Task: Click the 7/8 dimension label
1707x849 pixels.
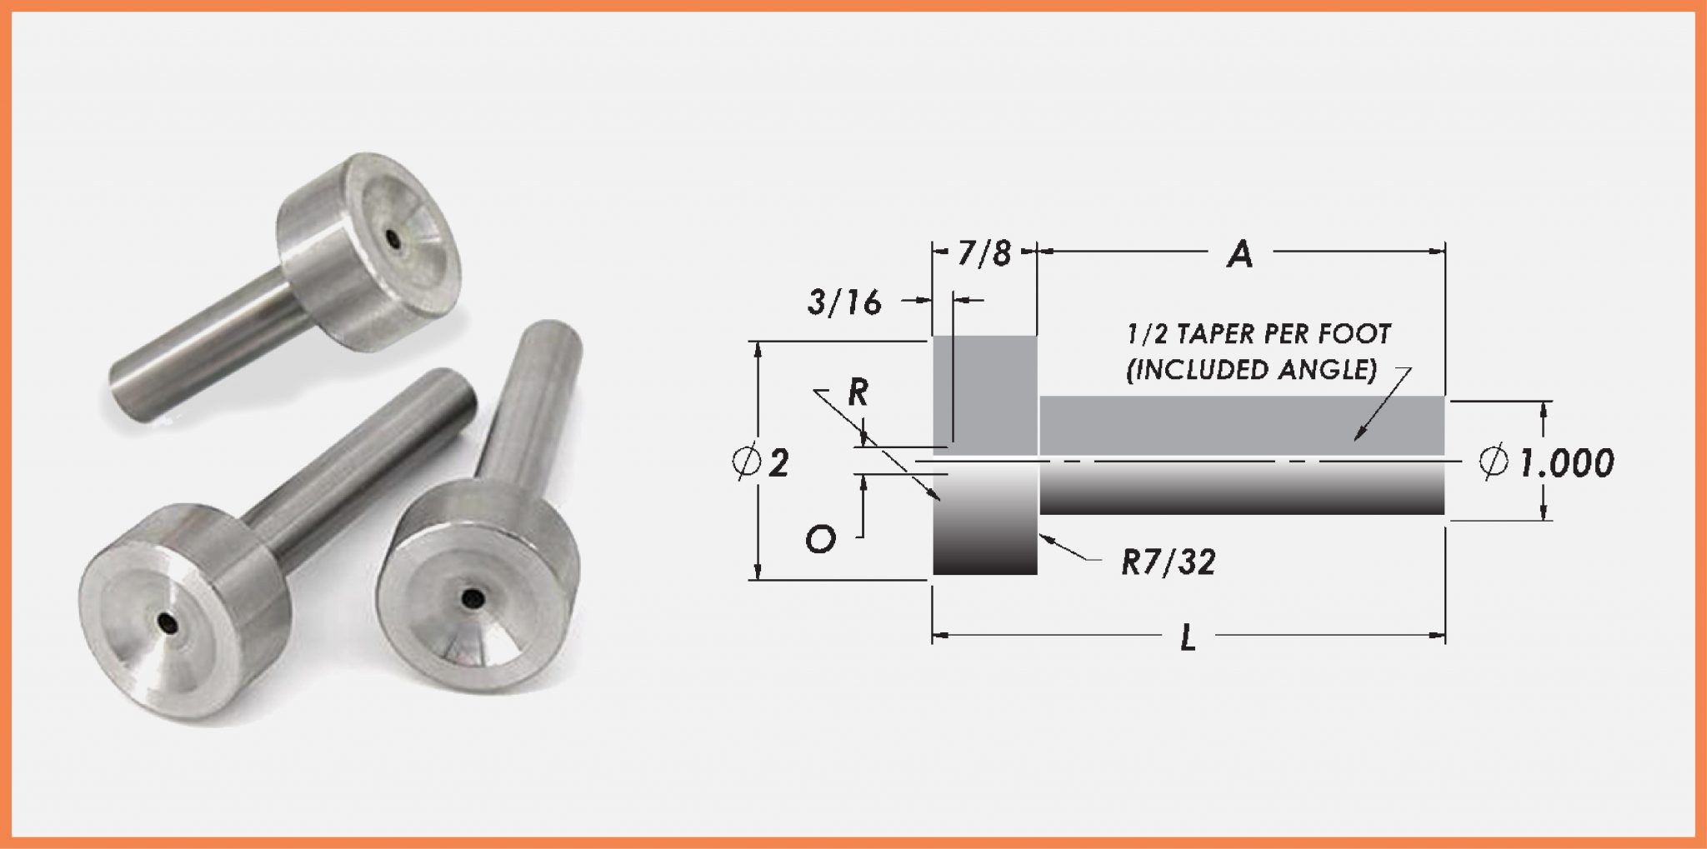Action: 984,252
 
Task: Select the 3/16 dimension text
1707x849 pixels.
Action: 843,303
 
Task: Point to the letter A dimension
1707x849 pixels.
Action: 1240,254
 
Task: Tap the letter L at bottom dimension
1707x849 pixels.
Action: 1189,638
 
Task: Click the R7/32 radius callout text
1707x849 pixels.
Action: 1168,563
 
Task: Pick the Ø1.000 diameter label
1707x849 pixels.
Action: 1547,462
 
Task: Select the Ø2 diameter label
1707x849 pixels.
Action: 761,462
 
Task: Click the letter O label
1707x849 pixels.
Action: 820,541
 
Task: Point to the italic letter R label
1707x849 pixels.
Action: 857,392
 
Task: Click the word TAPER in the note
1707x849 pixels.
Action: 1204,335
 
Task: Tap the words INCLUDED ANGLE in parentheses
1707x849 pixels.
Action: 1251,370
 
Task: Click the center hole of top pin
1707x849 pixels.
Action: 393,237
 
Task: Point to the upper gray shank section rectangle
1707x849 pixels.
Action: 1242,425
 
